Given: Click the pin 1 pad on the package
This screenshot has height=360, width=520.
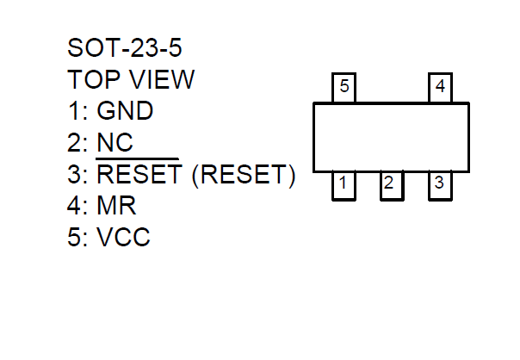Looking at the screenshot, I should pos(343,184).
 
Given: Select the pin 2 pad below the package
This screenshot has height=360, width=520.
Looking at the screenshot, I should pos(391,184).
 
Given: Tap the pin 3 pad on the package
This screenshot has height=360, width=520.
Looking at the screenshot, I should pos(439,184).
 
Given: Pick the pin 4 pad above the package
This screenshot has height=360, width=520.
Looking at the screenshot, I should pos(441,89).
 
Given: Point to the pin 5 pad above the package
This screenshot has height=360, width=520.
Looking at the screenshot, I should pos(344,89).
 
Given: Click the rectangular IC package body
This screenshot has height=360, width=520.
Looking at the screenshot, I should pos(391,137).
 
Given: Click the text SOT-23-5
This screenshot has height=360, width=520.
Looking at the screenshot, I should pos(125,47).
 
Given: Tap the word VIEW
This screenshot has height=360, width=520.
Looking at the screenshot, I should pos(164,79).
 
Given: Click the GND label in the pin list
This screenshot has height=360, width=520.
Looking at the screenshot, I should pos(125,111).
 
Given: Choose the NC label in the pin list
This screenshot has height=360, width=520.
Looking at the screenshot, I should pos(115,143).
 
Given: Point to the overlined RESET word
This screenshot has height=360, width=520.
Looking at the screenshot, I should pos(138,175).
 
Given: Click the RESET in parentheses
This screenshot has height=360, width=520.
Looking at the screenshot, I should pos(244,175).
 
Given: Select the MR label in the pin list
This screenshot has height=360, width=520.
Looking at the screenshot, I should pos(116,207).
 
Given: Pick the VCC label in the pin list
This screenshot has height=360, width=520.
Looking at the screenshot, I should pos(123,238).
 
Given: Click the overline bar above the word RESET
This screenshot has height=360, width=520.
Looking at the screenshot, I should pos(138,159).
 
